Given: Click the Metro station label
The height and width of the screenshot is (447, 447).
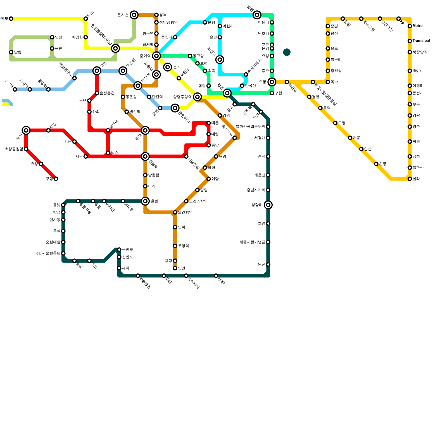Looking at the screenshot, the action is (x=417, y=26).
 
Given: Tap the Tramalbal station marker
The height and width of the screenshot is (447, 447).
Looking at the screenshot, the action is (x=410, y=41).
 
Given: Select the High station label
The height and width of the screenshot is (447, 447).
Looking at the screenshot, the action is (x=416, y=71).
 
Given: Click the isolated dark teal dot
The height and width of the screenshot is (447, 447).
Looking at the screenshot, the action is (x=287, y=52).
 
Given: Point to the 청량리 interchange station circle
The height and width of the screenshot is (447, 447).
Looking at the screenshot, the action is (x=268, y=205).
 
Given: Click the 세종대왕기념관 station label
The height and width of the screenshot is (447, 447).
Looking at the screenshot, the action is (x=252, y=242).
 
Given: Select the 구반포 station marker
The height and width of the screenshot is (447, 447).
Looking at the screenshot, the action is (x=119, y=249).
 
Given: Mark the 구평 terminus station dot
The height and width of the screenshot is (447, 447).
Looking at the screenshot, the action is (x=56, y=179).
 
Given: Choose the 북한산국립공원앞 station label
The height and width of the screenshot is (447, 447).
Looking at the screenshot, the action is (x=250, y=127).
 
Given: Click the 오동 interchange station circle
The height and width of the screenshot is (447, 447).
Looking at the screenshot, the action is (x=272, y=82).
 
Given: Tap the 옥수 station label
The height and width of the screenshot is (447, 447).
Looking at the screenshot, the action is (x=334, y=82).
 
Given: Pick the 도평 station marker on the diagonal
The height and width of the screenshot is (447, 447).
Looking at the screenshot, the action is (x=335, y=123).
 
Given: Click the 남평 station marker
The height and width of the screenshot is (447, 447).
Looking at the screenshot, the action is (x=11, y=52).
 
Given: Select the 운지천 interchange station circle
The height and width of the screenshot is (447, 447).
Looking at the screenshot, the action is (x=134, y=15).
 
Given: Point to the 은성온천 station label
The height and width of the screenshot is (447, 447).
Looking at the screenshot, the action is (x=107, y=93).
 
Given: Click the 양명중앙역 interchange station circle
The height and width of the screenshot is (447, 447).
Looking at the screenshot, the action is (x=198, y=97).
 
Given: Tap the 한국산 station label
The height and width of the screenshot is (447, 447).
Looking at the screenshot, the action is (x=250, y=86).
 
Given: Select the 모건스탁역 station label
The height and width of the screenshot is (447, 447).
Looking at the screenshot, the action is (x=198, y=201).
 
